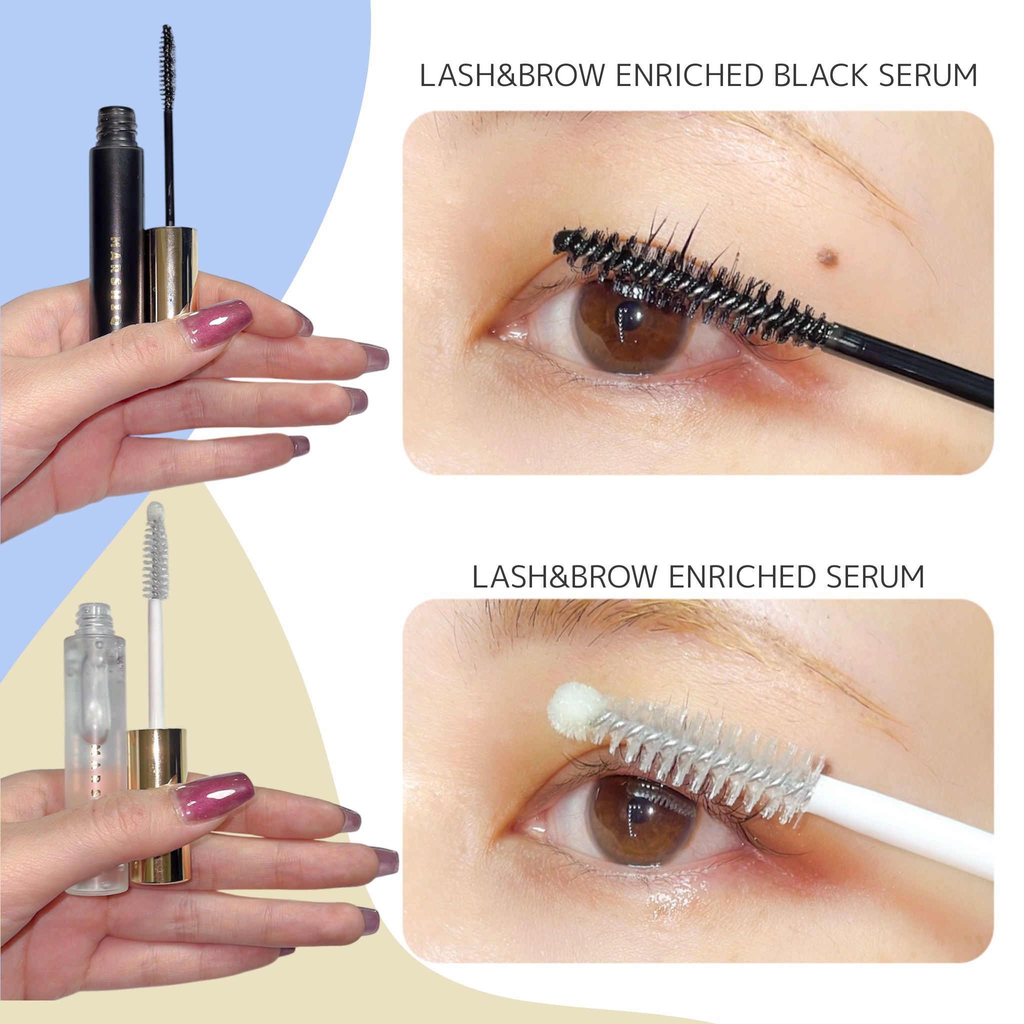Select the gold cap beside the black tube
[170, 273]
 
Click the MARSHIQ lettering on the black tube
[115, 281]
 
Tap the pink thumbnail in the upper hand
[217, 320]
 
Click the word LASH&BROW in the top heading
[512, 76]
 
